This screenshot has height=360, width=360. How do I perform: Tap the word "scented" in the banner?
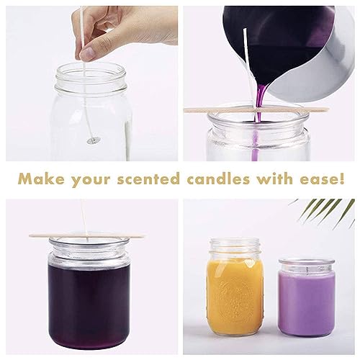click(160, 179)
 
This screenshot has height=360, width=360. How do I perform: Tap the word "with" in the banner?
click(278, 179)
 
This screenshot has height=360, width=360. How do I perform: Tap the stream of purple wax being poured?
click(256, 105)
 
